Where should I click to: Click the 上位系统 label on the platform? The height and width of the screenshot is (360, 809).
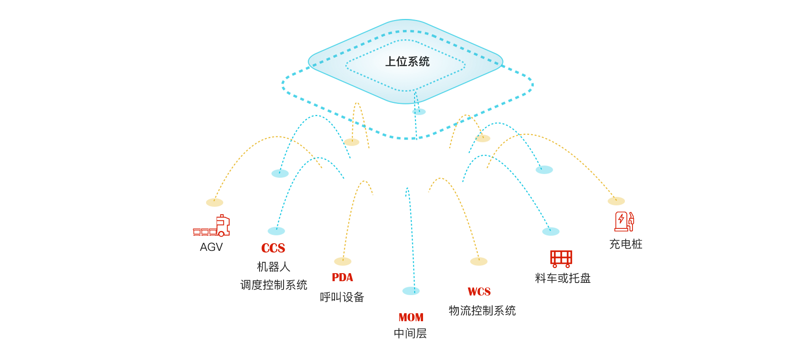tap(407, 62)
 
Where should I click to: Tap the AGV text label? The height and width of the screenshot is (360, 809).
tap(212, 247)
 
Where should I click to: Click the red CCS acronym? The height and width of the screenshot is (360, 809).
tap(273, 248)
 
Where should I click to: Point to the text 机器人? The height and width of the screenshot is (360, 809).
tap(273, 267)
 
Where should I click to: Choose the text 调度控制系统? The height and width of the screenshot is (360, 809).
tap(273, 285)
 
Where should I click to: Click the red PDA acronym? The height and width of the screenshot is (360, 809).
tap(342, 277)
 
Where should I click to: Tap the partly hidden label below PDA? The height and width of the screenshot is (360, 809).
tap(342, 297)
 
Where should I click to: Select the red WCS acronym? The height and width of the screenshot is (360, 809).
tap(479, 291)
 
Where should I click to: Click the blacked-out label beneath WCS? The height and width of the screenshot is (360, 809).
tap(482, 311)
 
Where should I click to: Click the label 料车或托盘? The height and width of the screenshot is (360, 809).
tap(563, 278)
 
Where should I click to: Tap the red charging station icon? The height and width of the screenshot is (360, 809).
tap(624, 221)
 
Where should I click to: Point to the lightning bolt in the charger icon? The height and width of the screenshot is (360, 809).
tap(621, 219)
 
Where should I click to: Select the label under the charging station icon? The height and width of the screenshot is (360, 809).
tap(625, 244)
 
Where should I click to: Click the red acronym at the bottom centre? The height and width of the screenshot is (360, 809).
tap(411, 317)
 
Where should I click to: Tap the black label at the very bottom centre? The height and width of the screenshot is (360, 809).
tap(410, 333)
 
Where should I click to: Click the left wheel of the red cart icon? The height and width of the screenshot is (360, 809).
tap(555, 266)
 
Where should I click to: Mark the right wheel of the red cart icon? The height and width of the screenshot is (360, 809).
tap(568, 266)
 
